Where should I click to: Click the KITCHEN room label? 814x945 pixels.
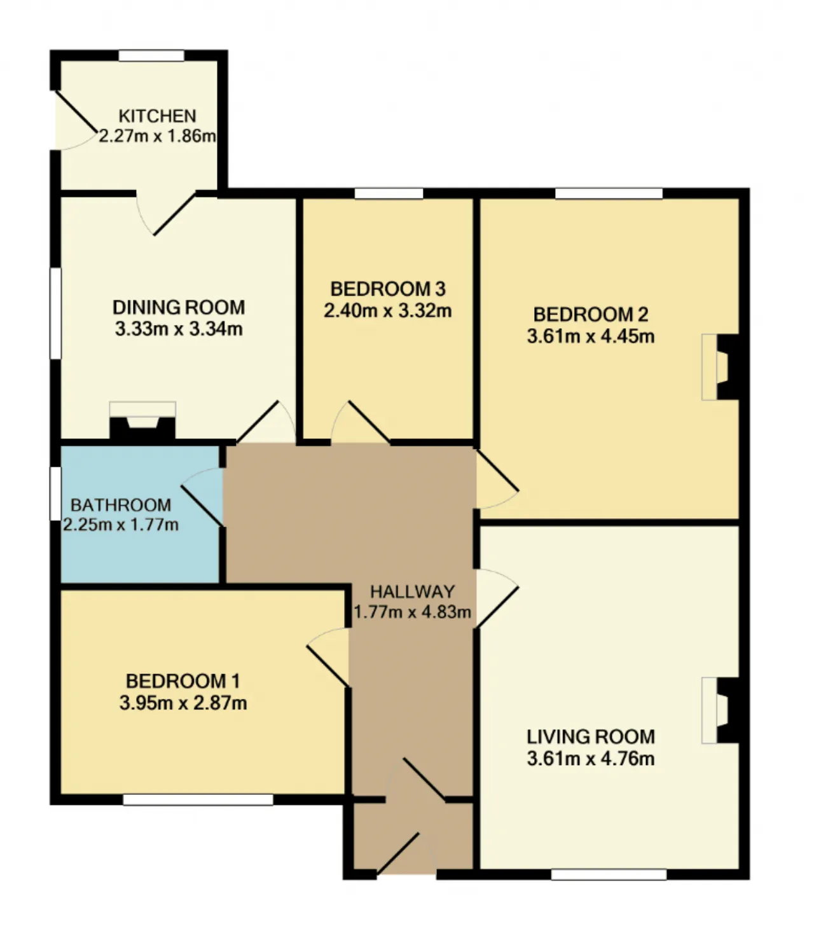(157, 116)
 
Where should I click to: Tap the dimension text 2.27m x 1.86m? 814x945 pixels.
(157, 136)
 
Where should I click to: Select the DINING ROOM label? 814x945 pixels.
(179, 307)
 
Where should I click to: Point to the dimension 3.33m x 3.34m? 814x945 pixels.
(179, 329)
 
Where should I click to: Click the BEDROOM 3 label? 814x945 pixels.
(388, 289)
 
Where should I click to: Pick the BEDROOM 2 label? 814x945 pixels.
(591, 315)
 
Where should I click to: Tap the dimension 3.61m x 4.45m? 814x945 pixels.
(591, 336)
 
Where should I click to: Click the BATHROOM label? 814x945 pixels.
(121, 505)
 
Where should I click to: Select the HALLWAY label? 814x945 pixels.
(413, 591)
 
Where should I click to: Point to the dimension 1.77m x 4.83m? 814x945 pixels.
(413, 612)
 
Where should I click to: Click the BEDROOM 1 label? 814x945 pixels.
(183, 681)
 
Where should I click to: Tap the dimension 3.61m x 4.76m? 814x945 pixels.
(591, 759)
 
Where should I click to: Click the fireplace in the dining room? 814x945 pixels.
(142, 421)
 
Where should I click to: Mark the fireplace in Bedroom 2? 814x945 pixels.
(721, 367)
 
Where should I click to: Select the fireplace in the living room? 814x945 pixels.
(721, 710)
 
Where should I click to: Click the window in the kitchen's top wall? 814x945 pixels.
(151, 56)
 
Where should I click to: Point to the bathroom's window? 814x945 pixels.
(55, 493)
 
